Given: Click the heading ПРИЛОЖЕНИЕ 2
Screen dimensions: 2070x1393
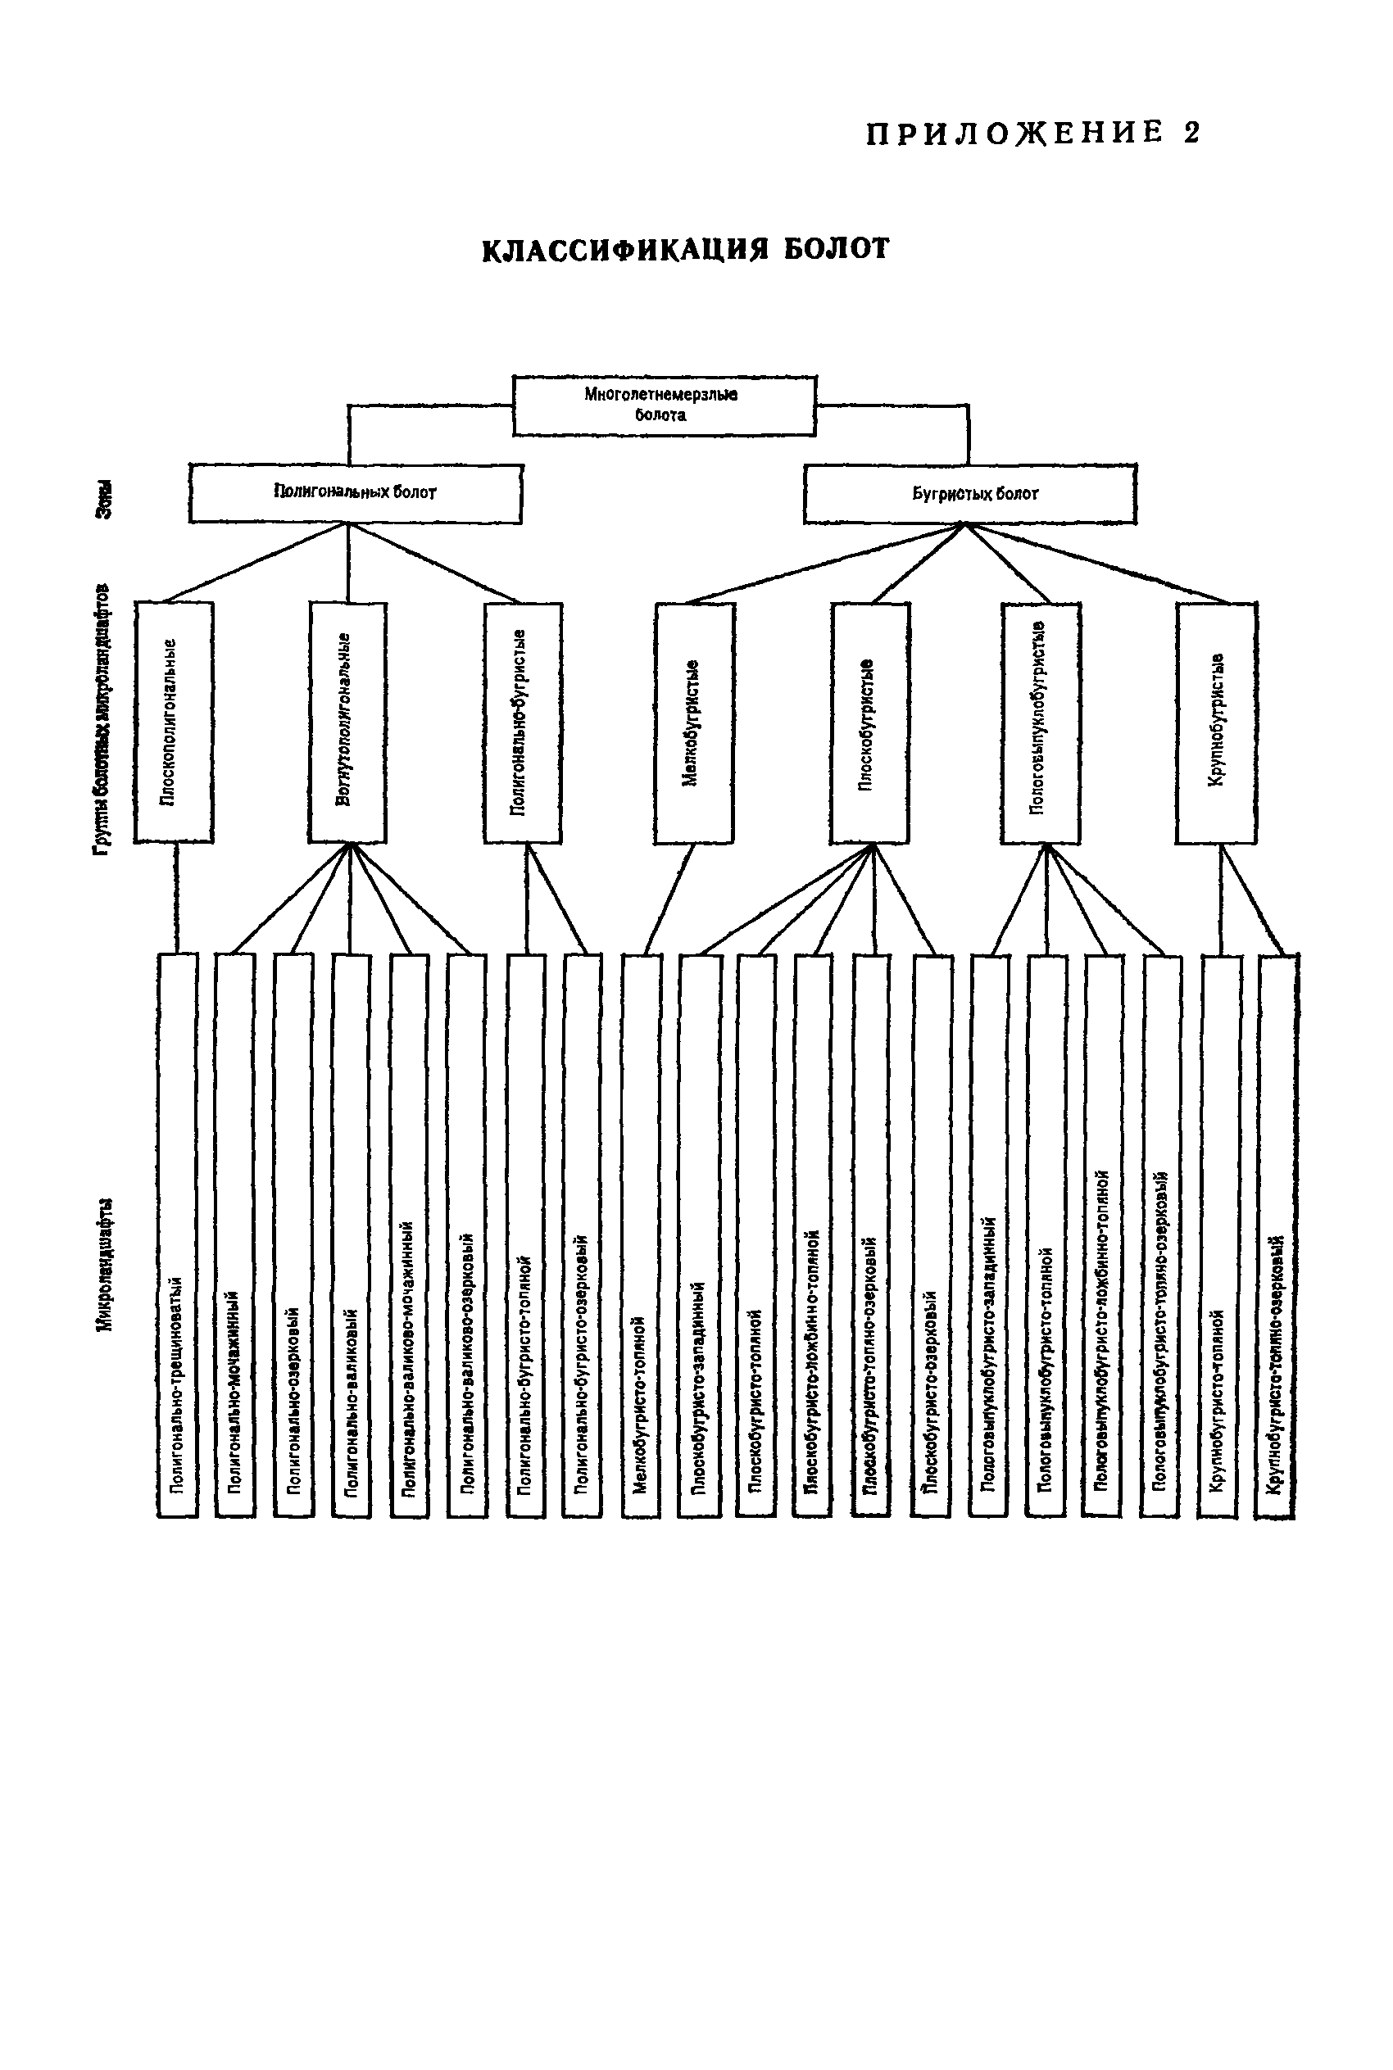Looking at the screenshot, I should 1033,134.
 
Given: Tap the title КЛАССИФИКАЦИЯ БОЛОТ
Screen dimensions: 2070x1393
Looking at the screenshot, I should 685,250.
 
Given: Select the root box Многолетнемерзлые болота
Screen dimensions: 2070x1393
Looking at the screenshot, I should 664,405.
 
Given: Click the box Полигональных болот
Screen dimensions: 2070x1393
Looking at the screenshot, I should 355,493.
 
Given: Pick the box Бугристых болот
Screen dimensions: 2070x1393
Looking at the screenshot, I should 969,494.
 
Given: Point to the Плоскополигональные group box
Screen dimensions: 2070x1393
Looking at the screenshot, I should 173,722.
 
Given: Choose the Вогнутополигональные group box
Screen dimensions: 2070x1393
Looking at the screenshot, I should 347,722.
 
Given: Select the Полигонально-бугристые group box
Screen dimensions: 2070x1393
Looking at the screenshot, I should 523,722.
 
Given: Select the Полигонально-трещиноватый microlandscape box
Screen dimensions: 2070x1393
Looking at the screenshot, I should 178,1234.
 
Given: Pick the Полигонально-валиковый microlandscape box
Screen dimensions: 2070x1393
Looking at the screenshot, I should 351,1234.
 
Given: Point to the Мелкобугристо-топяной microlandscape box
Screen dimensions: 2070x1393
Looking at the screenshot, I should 641,1234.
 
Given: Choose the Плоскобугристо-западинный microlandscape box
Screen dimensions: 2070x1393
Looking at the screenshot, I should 699,1234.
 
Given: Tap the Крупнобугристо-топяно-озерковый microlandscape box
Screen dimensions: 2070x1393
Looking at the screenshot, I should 1277,1234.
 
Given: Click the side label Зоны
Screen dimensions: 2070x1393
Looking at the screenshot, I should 105,499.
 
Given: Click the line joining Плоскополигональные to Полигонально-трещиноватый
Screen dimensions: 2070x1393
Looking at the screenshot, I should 176,898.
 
